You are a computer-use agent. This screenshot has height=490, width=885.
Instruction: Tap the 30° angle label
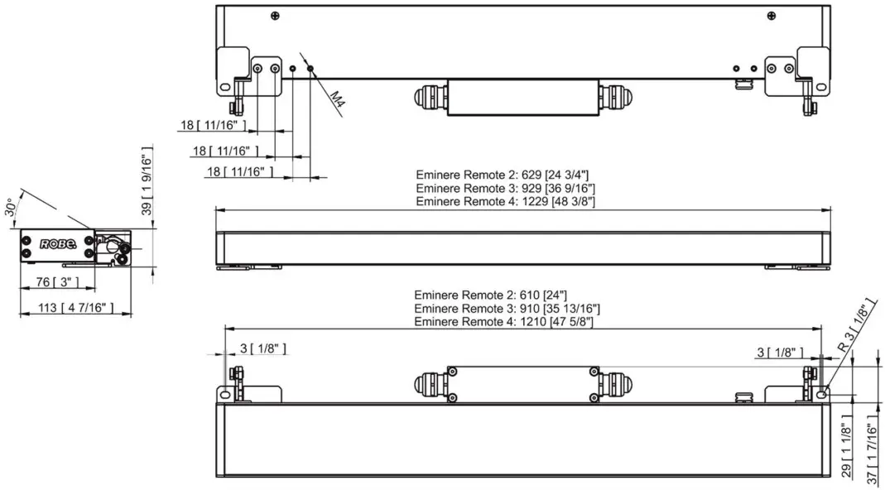click(11, 206)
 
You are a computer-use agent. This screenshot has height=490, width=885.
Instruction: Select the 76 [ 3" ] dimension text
click(58, 282)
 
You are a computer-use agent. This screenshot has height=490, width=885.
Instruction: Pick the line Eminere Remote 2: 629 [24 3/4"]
click(502, 175)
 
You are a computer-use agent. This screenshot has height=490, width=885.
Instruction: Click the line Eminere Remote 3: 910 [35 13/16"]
click(507, 309)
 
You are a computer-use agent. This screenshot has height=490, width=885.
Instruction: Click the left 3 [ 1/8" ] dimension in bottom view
click(262, 349)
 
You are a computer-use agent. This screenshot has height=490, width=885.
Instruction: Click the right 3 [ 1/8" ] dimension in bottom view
click(779, 352)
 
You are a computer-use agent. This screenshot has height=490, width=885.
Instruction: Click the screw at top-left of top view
click(275, 16)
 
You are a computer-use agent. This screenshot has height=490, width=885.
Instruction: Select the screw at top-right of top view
click(771, 16)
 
